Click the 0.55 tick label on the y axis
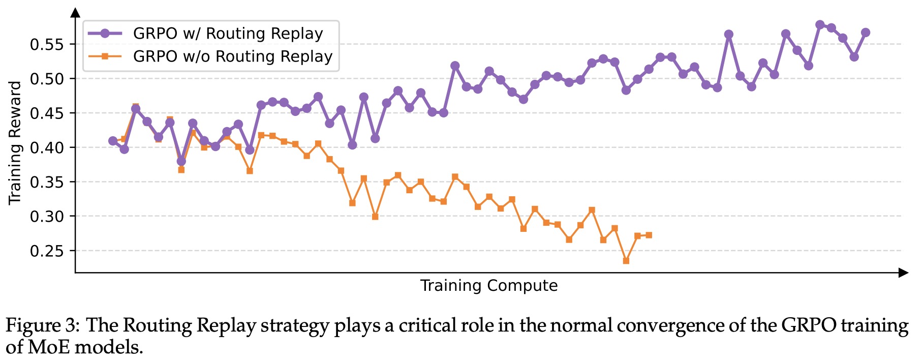coord(47,45)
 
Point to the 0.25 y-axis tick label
coord(47,251)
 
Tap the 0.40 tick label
coord(47,148)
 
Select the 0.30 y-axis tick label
coord(47,217)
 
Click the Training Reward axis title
coord(15,143)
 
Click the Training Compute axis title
coord(488,286)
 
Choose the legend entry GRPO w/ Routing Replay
coord(228,34)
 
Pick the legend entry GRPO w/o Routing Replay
coord(232,56)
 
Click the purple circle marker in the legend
coord(105,34)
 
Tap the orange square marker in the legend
coord(105,56)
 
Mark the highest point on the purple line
coord(820,25)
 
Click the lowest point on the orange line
coord(626,261)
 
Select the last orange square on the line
coord(649,235)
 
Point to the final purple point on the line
coord(866,33)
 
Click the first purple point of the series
coord(113,141)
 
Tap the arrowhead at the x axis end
coord(903,273)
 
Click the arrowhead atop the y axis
coord(75,13)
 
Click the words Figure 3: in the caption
coord(42,325)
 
